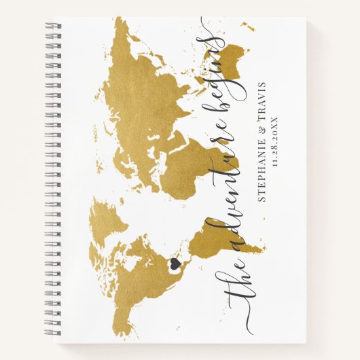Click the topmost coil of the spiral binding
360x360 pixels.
(53, 25)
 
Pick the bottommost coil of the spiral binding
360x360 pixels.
(53, 334)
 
